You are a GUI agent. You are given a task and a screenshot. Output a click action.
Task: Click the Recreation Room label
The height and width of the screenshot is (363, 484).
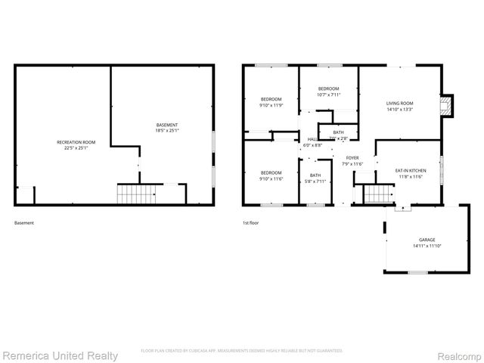76,142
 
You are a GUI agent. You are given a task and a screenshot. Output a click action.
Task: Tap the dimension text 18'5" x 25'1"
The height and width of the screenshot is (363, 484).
167,131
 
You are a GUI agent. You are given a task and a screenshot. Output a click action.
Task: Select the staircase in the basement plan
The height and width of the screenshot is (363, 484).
135,194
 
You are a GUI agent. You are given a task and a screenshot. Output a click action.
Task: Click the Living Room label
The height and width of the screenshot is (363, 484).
399,104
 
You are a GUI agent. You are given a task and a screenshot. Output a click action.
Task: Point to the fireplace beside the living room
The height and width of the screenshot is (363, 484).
447,106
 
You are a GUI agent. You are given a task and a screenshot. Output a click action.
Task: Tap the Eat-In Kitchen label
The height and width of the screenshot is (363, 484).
411,170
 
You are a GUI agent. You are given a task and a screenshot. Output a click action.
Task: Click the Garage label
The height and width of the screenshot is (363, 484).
417,240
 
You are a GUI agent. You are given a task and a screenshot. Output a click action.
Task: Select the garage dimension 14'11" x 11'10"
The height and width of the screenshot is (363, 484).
417,246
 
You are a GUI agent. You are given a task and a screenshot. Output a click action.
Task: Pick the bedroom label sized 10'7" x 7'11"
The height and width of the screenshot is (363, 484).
328,88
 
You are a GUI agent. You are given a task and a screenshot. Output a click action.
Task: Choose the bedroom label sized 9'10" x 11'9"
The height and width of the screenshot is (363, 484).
271,100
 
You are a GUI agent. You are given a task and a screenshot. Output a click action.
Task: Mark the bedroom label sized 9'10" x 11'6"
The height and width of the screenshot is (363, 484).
271,172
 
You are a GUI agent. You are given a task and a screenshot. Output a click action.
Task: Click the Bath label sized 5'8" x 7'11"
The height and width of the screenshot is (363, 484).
315,175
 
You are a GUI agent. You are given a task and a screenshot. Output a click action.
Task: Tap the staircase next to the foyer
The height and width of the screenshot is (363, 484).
376,194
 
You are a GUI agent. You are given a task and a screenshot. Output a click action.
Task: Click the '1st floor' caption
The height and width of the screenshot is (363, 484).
251,223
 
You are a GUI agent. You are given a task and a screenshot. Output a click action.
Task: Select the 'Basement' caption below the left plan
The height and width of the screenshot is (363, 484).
24,223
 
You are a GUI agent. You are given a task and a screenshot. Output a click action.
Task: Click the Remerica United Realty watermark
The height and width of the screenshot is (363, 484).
60,355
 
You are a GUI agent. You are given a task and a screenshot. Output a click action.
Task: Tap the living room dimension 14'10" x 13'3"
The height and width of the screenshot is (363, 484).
399,110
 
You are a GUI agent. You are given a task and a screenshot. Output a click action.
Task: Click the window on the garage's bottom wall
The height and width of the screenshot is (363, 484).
417,272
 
